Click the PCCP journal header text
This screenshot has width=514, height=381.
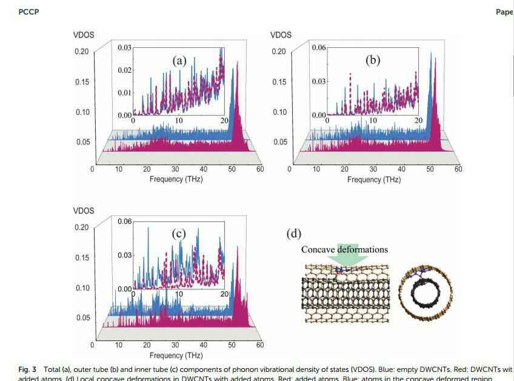28,12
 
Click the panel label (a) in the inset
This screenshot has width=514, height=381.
179,60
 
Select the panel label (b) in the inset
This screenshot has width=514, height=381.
373,60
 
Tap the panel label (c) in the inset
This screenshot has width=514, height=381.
179,234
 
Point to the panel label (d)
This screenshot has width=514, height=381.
293,234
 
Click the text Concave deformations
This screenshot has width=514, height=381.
344,249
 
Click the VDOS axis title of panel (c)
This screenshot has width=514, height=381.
84,211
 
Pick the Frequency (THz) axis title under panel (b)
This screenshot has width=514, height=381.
373,180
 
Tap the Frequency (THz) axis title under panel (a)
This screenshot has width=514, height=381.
176,180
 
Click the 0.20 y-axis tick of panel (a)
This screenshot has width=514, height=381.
82,51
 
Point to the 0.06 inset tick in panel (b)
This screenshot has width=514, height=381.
319,47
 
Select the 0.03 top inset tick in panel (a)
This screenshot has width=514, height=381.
125,47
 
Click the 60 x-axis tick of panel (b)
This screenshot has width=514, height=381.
458,169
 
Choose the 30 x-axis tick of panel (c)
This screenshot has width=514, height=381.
175,345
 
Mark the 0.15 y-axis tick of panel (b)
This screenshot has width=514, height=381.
279,82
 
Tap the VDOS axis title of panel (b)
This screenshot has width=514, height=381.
281,35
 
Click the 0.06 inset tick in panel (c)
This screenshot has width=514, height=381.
125,222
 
